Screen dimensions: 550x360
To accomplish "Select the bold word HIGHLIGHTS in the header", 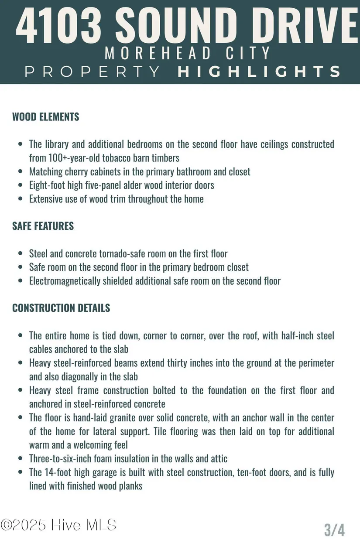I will tap(259, 71).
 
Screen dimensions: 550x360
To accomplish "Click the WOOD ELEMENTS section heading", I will tap(46, 117).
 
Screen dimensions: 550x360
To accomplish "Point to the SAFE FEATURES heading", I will tap(43, 226).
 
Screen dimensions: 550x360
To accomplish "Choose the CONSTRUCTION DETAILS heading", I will tap(61, 308).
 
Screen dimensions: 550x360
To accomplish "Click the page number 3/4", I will tap(334, 530).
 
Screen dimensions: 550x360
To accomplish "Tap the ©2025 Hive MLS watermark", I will tap(58, 525).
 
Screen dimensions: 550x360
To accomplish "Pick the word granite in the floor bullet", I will tap(115, 418).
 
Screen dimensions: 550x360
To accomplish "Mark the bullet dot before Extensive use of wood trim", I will tap(20, 199).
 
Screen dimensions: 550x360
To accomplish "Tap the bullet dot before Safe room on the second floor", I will tap(20, 267).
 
